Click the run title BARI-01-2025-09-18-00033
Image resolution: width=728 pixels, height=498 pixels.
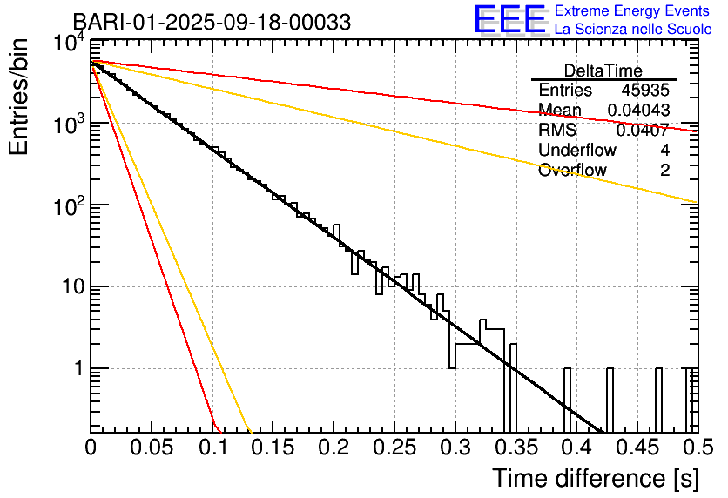coord(212,22)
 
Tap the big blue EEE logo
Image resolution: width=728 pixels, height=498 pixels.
coord(510,19)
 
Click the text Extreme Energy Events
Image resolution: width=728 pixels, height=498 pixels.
coord(632,10)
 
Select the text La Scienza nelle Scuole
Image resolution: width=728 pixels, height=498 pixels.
coord(633,29)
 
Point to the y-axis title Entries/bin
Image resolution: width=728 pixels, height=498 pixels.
coord(18,97)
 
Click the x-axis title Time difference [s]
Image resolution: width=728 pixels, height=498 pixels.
coord(596,478)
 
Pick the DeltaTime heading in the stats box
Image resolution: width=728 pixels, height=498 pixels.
coord(603,71)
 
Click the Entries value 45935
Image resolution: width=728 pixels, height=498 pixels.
coord(645,90)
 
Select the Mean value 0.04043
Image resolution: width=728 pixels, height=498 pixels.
coord(638,110)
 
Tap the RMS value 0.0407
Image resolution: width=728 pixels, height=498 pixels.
coord(643,130)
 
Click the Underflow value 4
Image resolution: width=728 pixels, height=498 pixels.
coord(664,150)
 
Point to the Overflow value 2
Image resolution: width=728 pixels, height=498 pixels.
coord(664,170)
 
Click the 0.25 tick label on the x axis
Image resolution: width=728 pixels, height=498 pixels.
coord(394,448)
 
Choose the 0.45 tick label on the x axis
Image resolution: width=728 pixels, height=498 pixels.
coord(637,448)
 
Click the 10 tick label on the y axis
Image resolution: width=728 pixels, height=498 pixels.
coord(73,286)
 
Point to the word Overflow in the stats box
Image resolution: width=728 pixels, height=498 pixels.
coord(572,170)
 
